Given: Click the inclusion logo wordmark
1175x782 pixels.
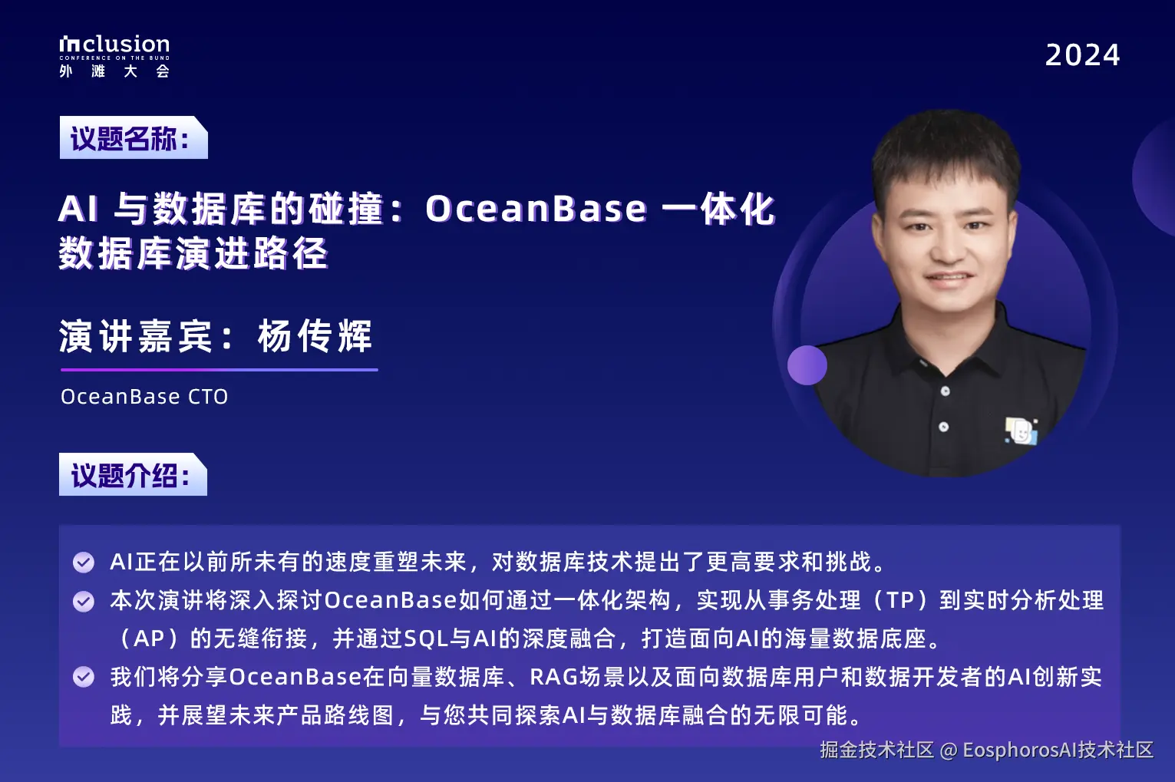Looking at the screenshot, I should click(x=114, y=45).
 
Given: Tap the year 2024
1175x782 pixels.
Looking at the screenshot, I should click(x=1082, y=55).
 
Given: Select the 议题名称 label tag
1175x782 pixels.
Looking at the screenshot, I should click(x=132, y=138).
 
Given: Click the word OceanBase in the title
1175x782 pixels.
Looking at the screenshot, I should click(x=536, y=209).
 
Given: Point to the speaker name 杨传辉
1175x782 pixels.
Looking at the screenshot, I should click(x=315, y=336).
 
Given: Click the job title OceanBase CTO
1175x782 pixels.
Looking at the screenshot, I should click(x=144, y=397).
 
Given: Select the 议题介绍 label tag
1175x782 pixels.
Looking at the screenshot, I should click(x=132, y=475).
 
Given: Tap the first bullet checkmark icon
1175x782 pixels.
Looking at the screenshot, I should click(x=84, y=563).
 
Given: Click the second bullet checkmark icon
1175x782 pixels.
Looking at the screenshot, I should click(x=84, y=601).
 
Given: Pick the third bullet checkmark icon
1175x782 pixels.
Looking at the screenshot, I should click(x=84, y=677).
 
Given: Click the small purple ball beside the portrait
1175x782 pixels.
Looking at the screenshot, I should click(x=807, y=365).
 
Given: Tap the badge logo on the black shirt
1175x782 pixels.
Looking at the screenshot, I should click(x=1022, y=431).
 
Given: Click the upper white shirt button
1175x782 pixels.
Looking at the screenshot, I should click(x=946, y=391).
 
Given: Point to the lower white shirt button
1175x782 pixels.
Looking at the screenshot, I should click(x=943, y=427).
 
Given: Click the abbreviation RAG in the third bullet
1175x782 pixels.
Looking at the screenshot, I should click(x=553, y=677).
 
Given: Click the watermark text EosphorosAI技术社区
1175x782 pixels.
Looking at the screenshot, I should click(x=1058, y=750).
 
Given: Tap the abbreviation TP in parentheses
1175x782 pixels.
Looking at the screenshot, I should click(x=900, y=600).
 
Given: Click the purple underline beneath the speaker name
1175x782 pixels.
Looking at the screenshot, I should click(x=219, y=370).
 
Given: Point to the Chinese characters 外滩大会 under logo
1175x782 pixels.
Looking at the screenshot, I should click(x=114, y=71).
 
